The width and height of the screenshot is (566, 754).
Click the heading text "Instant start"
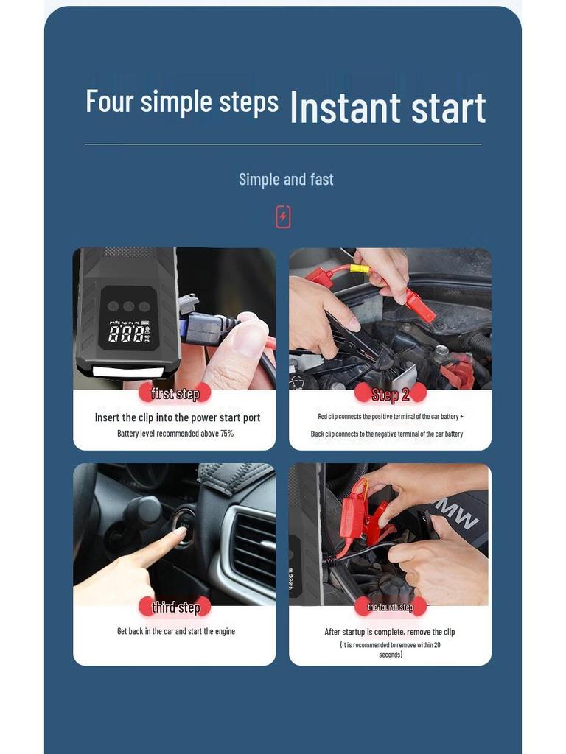coord(388,108)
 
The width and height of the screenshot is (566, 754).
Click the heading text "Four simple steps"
coord(182,101)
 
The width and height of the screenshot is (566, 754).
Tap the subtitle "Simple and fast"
coord(286,179)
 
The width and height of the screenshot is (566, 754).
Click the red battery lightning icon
coord(283,217)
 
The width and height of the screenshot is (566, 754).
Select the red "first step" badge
coord(175,393)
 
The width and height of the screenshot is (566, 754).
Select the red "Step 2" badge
coord(390,394)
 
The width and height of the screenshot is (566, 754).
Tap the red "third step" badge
coord(175,607)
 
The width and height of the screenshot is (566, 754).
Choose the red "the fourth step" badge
coord(390,607)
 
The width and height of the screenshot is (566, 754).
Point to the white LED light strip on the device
coord(127,371)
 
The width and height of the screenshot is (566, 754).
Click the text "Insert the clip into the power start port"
coord(178,417)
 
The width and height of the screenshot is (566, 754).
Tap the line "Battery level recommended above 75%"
coord(175,434)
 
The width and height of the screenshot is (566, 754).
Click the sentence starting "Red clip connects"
coord(390,417)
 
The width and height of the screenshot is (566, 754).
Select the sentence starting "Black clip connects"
coord(387,434)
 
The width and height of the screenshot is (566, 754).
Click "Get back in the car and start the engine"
coord(176,632)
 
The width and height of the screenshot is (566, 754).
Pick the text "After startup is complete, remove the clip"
coord(390,632)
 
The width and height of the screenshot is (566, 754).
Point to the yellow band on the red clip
coord(359,269)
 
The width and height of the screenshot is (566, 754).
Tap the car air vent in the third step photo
coord(253,548)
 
